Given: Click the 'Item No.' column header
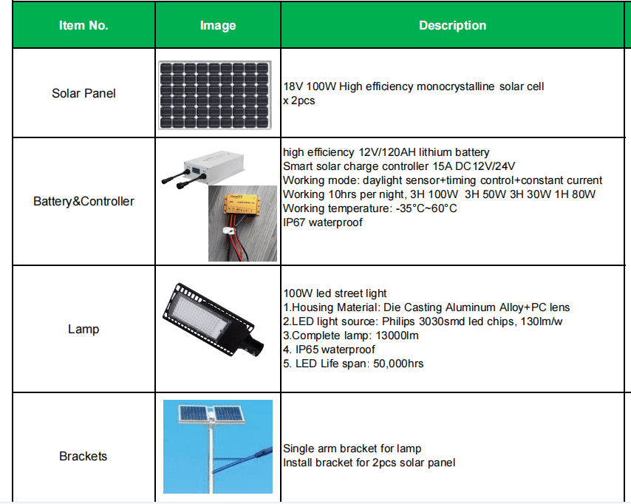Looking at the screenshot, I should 83,25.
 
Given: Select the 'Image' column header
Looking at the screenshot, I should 218,25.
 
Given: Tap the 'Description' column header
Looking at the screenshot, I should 452,25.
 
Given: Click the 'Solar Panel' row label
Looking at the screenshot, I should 83,94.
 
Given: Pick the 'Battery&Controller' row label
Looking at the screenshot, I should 83,201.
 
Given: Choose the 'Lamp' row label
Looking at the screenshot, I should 83,329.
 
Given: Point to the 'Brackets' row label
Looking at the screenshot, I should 83,456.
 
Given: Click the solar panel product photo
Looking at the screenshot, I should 215,94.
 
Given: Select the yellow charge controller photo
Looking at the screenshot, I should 242,222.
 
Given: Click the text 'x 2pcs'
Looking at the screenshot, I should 299,100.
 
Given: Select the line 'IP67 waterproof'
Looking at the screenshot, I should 323,222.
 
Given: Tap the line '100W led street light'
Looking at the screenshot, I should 335,293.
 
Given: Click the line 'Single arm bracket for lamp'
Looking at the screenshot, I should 352,449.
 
